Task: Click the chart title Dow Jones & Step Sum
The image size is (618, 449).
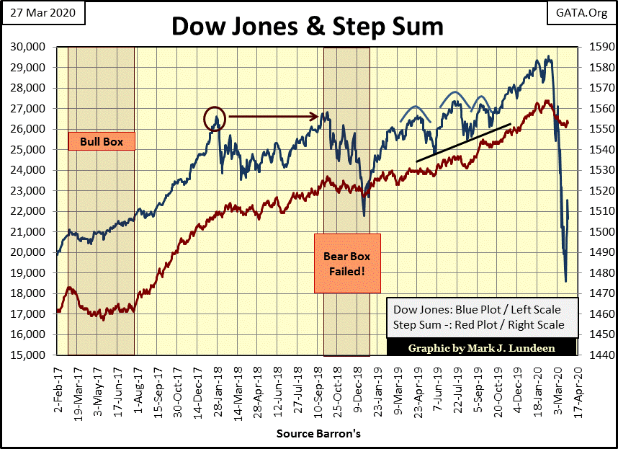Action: [306, 27]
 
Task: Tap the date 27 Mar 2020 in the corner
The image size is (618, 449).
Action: [43, 12]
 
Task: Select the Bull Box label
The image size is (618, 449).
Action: [101, 142]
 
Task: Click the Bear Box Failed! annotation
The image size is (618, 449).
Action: [347, 263]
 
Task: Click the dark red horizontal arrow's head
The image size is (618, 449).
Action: [315, 116]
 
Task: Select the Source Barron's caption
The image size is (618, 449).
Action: [318, 435]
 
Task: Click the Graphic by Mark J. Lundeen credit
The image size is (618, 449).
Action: [482, 347]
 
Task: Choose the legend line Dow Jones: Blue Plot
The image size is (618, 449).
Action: [476, 310]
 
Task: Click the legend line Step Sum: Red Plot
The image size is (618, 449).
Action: [479, 325]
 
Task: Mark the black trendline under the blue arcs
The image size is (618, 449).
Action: [465, 143]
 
